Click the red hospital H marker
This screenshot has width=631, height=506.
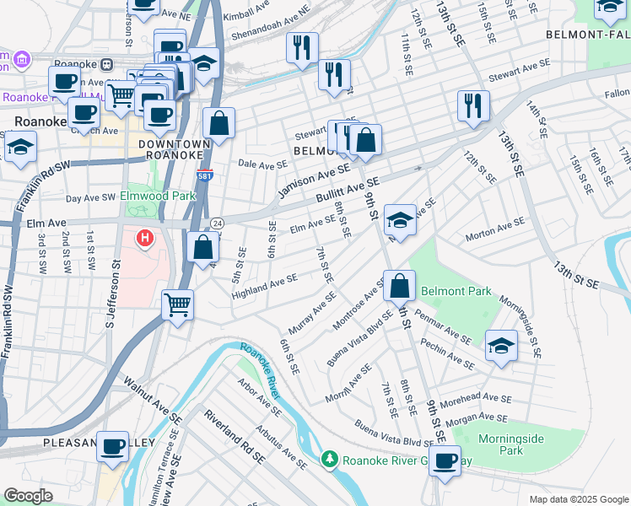145,239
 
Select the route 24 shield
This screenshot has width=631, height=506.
217,223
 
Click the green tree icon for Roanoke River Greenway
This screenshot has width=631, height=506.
330,460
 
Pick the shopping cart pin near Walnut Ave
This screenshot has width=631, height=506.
177,304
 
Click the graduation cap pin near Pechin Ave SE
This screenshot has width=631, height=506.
501,346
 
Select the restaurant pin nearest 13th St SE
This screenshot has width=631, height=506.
473,105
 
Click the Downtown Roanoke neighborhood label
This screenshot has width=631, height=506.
171,149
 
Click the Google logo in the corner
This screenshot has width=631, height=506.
29,496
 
